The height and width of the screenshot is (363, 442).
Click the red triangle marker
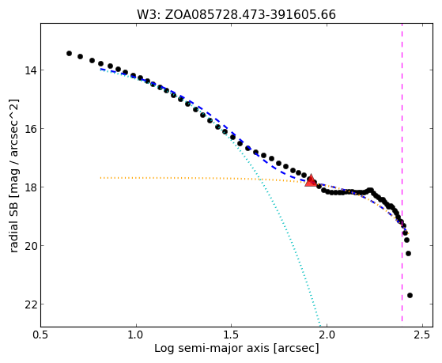pos(311,180)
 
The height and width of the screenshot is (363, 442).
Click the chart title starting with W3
pos(236,15)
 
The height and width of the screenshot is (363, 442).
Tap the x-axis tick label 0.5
pos(41,335)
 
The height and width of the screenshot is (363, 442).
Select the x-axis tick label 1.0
pos(136,335)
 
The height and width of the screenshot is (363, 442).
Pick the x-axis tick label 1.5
pos(232,335)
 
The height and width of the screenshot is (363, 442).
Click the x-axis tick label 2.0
pos(327,335)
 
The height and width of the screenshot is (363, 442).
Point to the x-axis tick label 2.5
pos(422,335)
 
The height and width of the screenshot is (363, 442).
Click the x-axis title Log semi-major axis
pos(212,349)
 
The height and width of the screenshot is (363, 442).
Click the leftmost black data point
pos(69,53)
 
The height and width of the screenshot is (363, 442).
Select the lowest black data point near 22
pos(410,295)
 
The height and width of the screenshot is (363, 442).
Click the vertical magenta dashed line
pos(402,172)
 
